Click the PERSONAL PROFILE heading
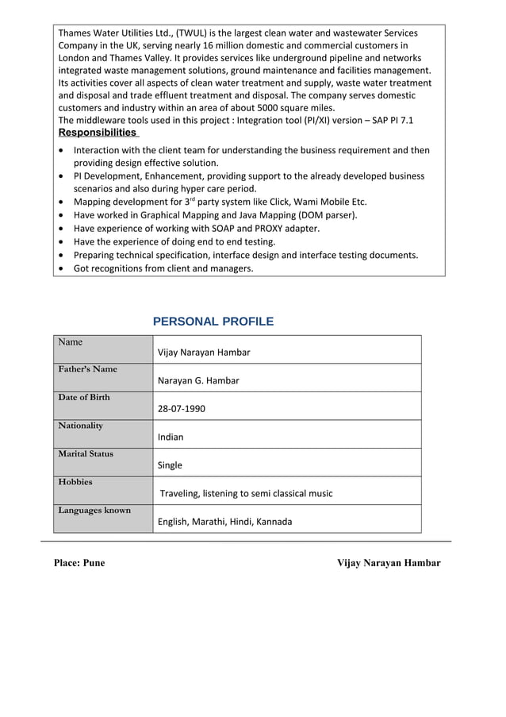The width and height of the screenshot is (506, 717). point(213,322)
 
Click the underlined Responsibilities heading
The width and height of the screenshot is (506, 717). point(98,133)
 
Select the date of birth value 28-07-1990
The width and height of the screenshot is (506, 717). point(182,409)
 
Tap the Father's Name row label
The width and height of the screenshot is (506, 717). point(87,369)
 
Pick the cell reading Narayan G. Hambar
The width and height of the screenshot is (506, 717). point(198,380)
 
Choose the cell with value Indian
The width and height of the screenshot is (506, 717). point(171,437)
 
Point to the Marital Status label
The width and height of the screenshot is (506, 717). point(86,454)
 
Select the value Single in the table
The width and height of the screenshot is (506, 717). point(170,465)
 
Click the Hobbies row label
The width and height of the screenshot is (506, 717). point(75,482)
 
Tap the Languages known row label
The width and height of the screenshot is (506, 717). point(94,510)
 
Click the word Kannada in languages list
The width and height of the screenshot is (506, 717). point(270,522)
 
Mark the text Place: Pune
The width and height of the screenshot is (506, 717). point(79,563)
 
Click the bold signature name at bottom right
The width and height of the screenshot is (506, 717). point(389,563)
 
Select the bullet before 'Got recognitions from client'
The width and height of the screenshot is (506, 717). point(63,269)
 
